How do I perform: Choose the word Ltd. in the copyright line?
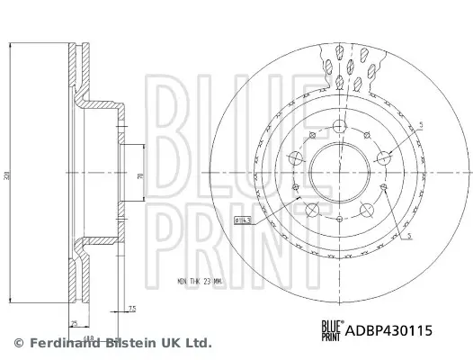[x=199, y=343]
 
